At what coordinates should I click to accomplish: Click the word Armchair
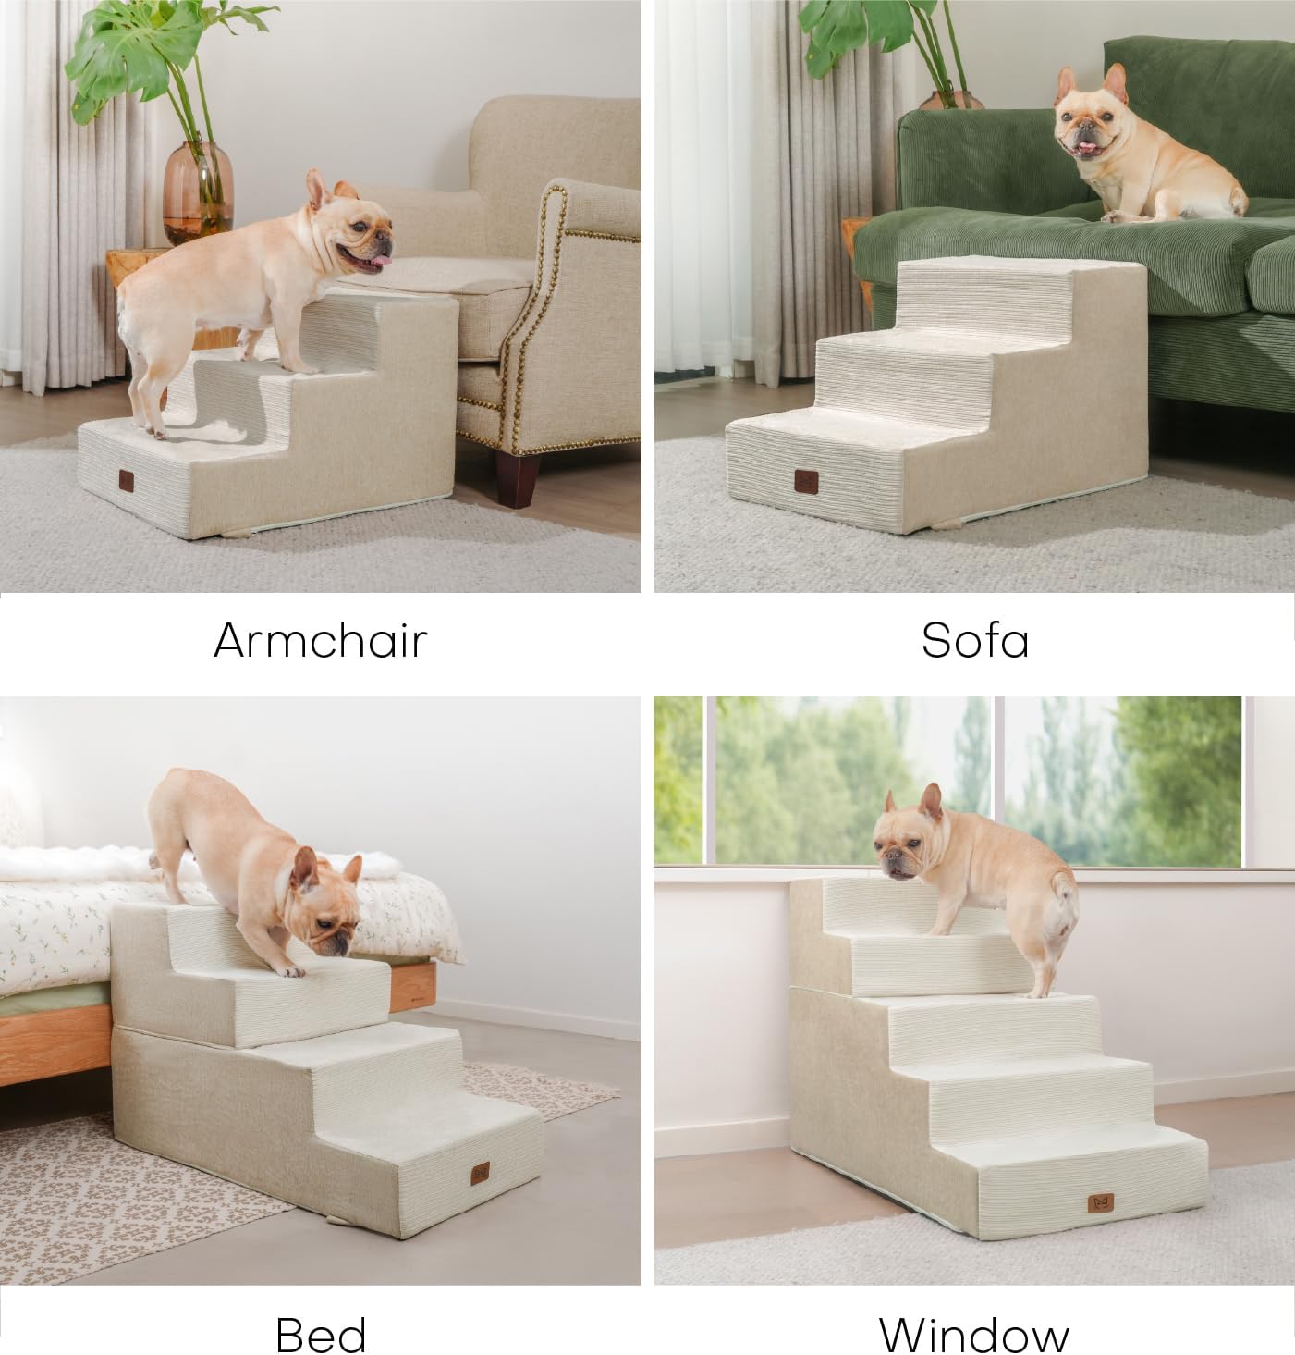coord(320,640)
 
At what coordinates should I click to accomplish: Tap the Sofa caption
coord(974,640)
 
